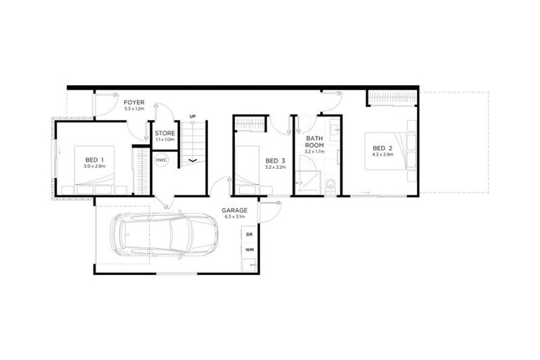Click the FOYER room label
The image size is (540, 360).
click(134, 103)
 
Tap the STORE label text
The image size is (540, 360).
click(165, 132)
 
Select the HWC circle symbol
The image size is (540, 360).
click(162, 161)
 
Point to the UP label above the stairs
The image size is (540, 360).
click(193, 116)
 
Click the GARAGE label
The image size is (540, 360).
click(233, 210)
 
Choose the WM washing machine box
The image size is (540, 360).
click(249, 250)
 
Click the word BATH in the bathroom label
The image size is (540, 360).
click(314, 139)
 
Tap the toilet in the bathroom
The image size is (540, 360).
click(330, 186)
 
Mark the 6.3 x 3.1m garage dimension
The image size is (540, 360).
click(233, 218)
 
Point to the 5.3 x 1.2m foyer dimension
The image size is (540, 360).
click(134, 110)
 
